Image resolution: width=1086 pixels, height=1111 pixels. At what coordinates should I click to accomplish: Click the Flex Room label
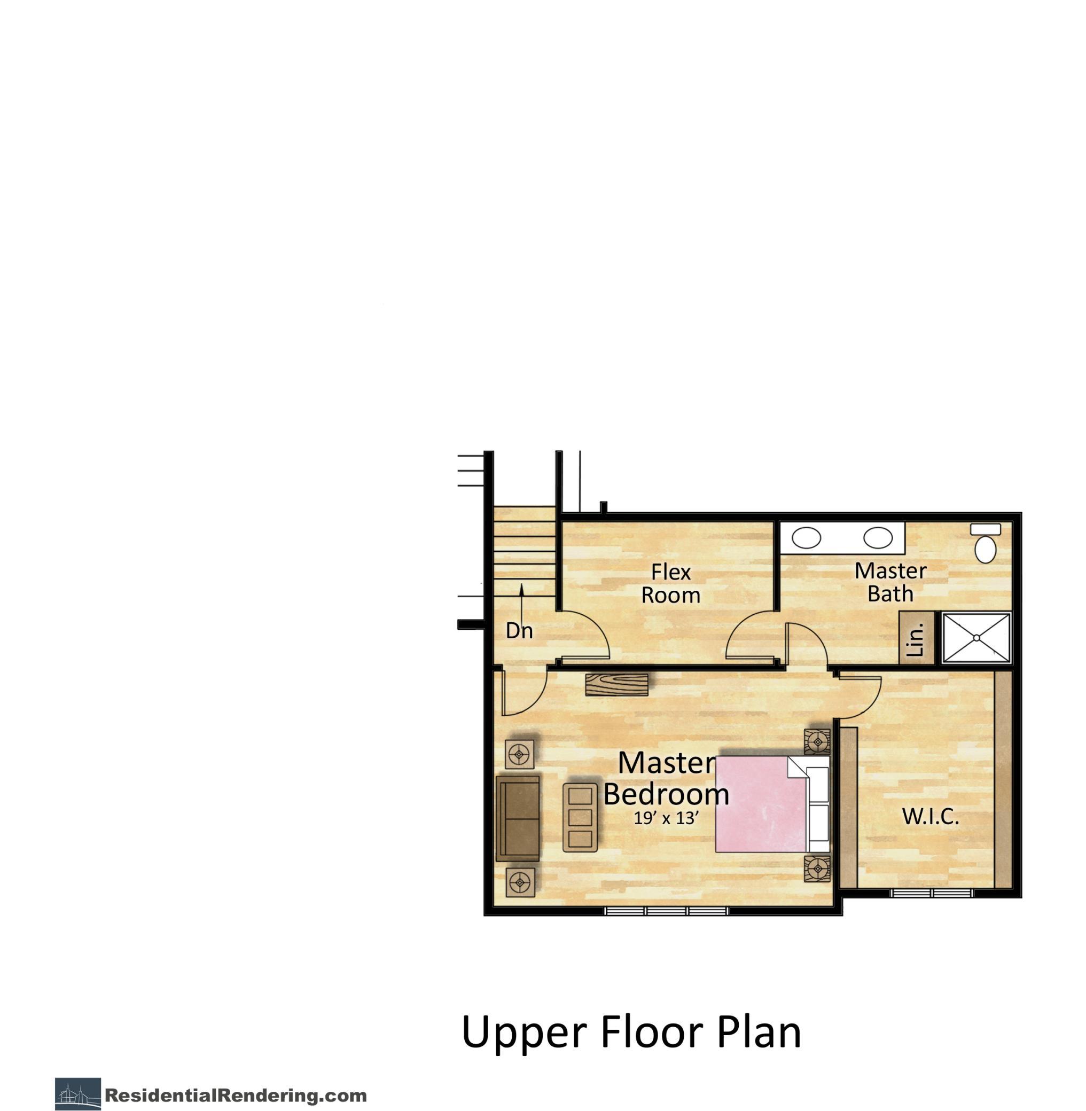[x=671, y=583]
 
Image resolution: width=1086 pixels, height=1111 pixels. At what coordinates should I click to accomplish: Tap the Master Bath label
[x=890, y=582]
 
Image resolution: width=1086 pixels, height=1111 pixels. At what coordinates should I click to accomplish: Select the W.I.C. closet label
[x=931, y=816]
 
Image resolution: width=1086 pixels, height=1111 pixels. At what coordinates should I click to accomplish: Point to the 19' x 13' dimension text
[x=666, y=818]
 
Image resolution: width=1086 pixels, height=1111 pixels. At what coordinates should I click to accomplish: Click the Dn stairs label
[x=519, y=630]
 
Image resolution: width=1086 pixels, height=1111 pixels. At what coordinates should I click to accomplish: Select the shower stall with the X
[x=976, y=638]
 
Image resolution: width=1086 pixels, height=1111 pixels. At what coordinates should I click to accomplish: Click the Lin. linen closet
[x=916, y=638]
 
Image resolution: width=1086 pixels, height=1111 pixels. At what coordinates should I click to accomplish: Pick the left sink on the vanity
[x=807, y=537]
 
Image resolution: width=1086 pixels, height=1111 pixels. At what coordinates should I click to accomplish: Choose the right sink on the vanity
[x=877, y=537]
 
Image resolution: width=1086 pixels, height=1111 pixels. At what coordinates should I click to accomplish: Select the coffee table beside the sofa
[x=581, y=818]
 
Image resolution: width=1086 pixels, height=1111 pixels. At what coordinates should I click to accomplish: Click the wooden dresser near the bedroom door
[x=617, y=684]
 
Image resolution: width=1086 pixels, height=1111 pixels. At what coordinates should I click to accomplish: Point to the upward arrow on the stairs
[x=521, y=601]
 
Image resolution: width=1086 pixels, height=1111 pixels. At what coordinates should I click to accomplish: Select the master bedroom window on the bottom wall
[x=667, y=911]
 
